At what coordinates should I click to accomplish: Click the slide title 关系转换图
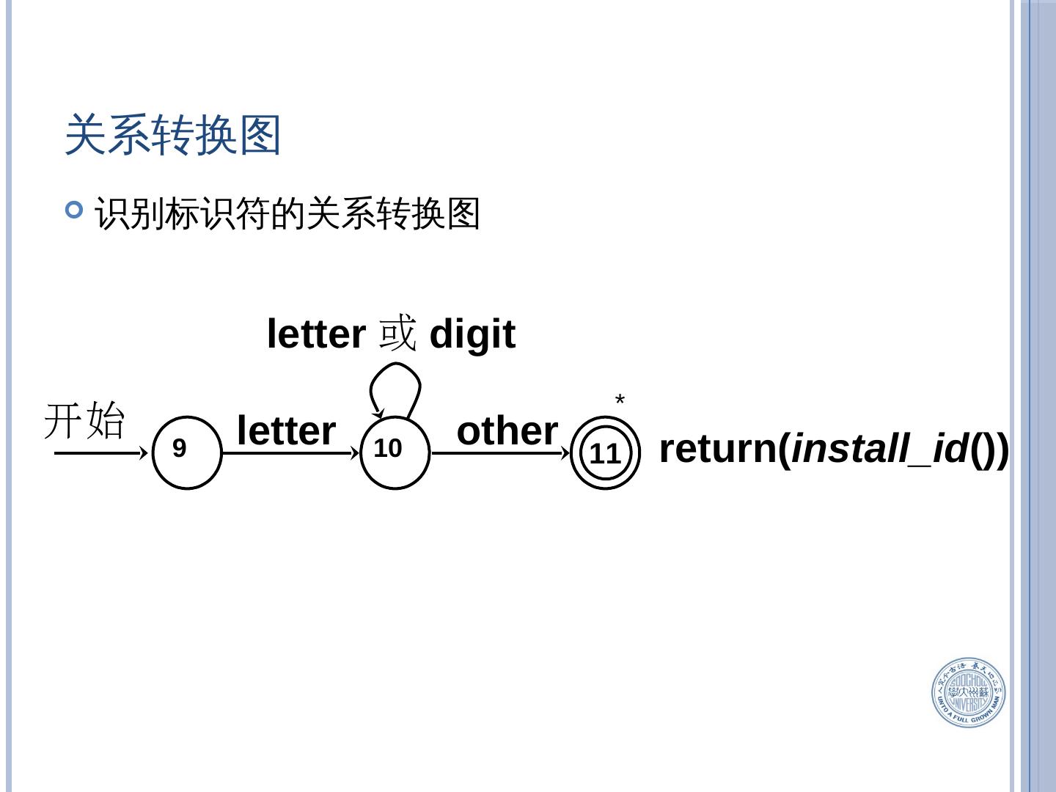pyautogui.click(x=173, y=135)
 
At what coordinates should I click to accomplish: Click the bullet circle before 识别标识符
pyautogui.click(x=74, y=211)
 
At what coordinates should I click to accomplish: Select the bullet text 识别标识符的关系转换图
pyautogui.click(x=287, y=214)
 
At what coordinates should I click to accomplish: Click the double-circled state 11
pyautogui.click(x=605, y=453)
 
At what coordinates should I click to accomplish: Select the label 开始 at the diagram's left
pyautogui.click(x=85, y=420)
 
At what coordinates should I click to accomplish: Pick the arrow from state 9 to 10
pyautogui.click(x=290, y=453)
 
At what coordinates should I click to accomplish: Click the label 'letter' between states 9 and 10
pyautogui.click(x=286, y=430)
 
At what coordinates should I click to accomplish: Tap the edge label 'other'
pyautogui.click(x=507, y=430)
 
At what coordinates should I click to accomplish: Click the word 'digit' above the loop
pyautogui.click(x=472, y=334)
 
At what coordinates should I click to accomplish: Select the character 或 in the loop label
pyautogui.click(x=397, y=334)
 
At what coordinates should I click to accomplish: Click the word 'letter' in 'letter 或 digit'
pyautogui.click(x=315, y=334)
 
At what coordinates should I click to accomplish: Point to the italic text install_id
pyautogui.click(x=880, y=448)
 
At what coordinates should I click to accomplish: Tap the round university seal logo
pyautogui.click(x=968, y=692)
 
